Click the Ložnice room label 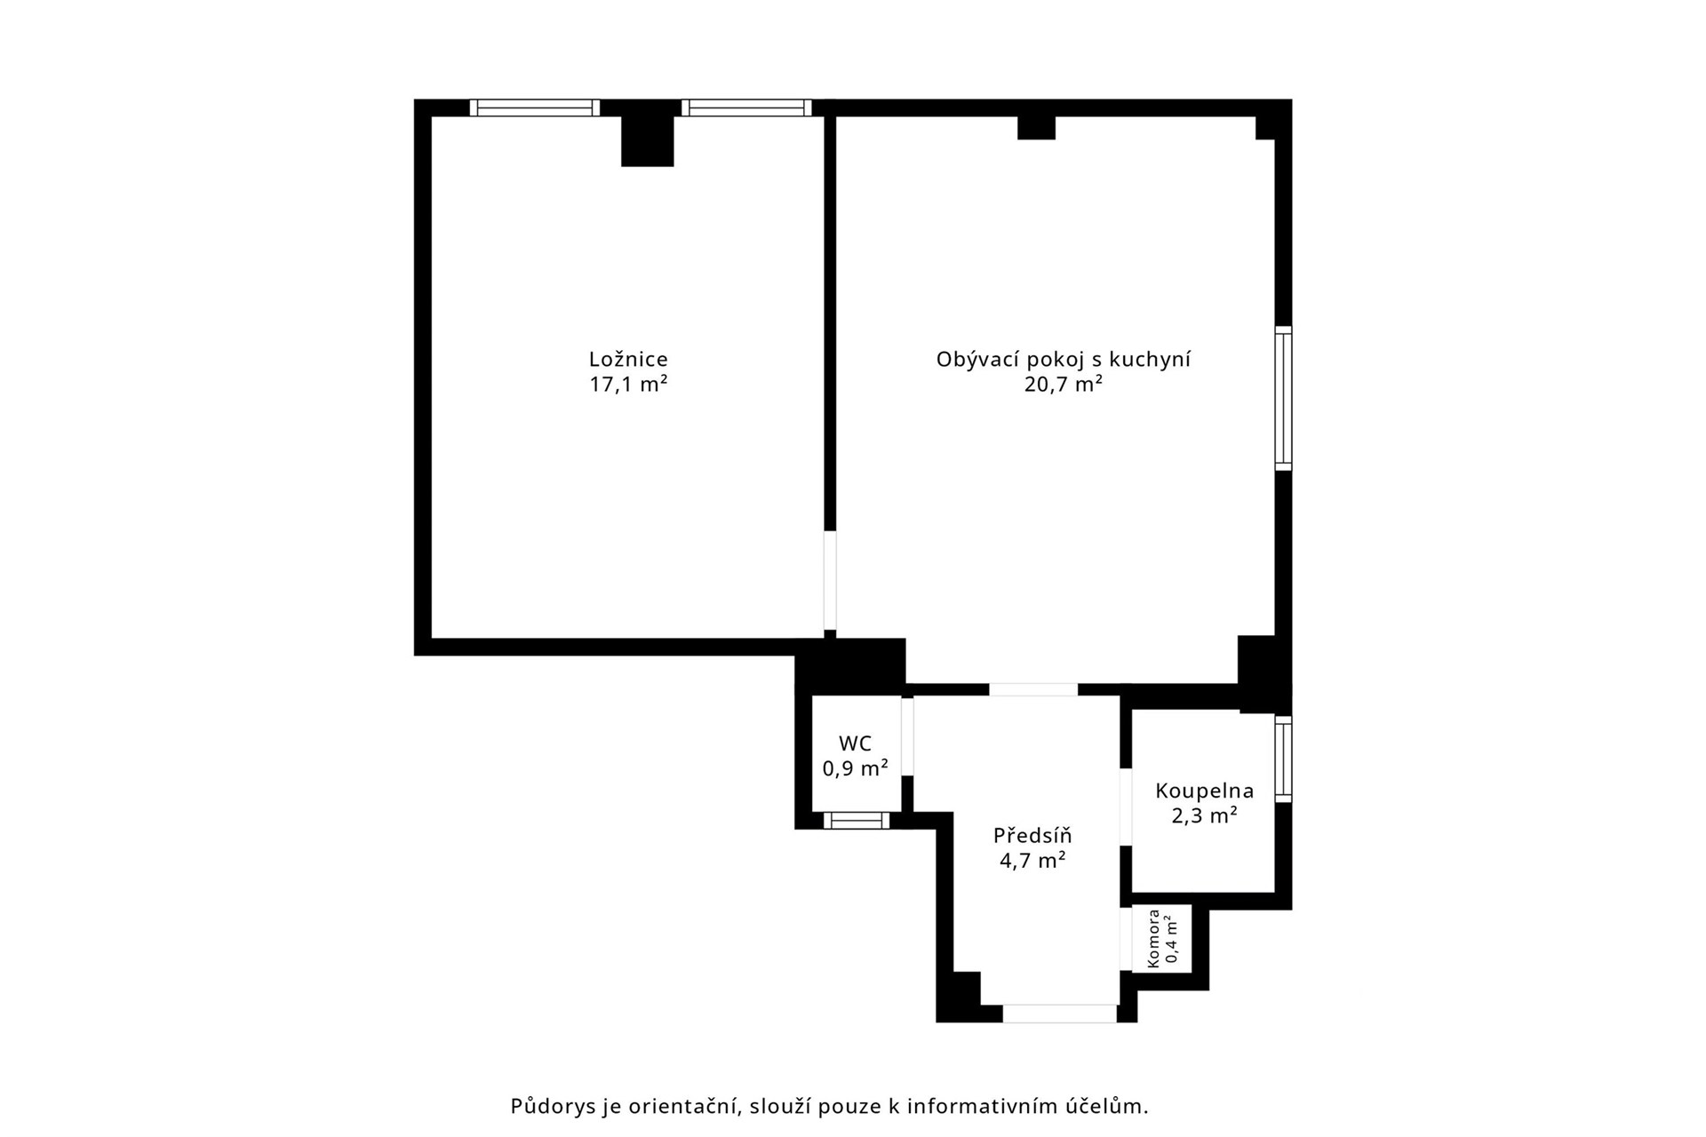pos(628,359)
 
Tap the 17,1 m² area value pos(628,385)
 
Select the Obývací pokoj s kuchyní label pos(1064,360)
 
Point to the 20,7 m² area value pos(1064,385)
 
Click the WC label pos(856,743)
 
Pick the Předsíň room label pos(1032,835)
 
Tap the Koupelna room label pos(1205,791)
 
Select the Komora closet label pos(1153,938)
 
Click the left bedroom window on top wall pos(535,107)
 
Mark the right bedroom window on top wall pos(746,107)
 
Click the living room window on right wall pos(1284,398)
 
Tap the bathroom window pos(1284,759)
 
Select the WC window pos(857,821)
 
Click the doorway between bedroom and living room pos(830,581)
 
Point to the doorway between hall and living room pos(1033,689)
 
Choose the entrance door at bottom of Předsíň pos(1060,1014)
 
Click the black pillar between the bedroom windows pos(647,133)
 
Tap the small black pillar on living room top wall pos(1036,127)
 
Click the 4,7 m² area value pos(1032,861)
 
